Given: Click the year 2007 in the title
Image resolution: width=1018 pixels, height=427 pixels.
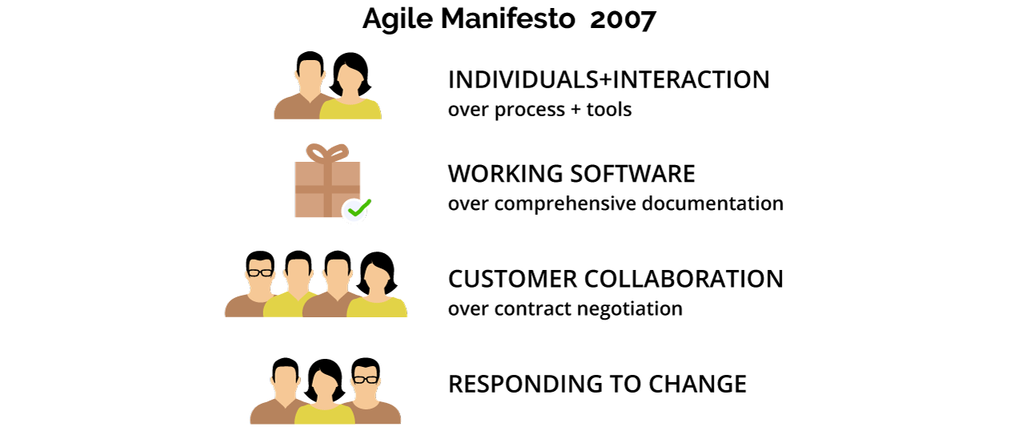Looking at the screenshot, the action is coord(623,19).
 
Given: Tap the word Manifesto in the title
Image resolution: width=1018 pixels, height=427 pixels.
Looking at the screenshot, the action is coord(507,19).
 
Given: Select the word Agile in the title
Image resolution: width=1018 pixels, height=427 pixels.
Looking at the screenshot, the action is coord(397,20).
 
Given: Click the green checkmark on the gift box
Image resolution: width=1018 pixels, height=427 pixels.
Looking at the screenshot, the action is coord(359,208).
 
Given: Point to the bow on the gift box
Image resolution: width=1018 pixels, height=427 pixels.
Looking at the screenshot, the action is coord(327,153).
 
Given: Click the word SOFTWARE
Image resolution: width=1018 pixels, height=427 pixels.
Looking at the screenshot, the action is coord(632,174).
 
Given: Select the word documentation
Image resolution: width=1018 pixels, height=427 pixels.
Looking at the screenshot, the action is coord(712,203).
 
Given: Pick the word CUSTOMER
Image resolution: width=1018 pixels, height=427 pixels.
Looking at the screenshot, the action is coord(512,279).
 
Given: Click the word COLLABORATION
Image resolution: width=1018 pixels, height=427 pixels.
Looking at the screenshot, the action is coord(683,279).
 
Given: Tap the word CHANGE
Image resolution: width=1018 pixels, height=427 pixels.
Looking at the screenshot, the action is coord(697,385).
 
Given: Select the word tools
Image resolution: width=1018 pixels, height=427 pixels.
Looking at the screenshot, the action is coord(609,110).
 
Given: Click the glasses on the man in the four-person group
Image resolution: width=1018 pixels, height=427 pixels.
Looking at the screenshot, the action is coord(260,273).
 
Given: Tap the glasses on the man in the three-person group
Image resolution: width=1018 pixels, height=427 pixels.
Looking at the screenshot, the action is coord(366,379).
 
